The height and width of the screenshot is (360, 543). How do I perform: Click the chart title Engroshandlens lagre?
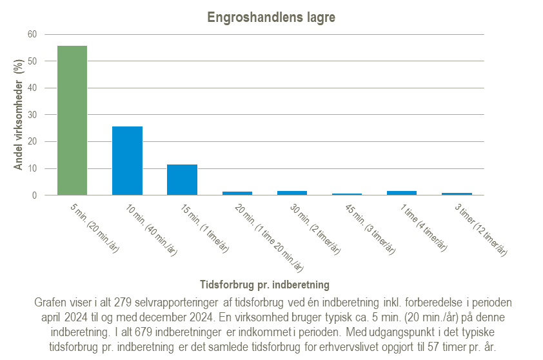[271, 17]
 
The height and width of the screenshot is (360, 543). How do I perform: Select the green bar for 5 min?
[72, 120]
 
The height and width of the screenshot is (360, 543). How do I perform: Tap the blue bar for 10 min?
[127, 161]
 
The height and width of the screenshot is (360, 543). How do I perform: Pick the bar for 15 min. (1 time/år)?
[182, 179]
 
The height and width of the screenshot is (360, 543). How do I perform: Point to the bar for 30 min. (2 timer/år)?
[291, 192]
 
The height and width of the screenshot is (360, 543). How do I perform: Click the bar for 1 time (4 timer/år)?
[401, 192]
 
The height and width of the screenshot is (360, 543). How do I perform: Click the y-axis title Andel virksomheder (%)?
[19, 114]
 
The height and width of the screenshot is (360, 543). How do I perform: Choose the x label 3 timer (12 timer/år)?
[479, 230]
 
